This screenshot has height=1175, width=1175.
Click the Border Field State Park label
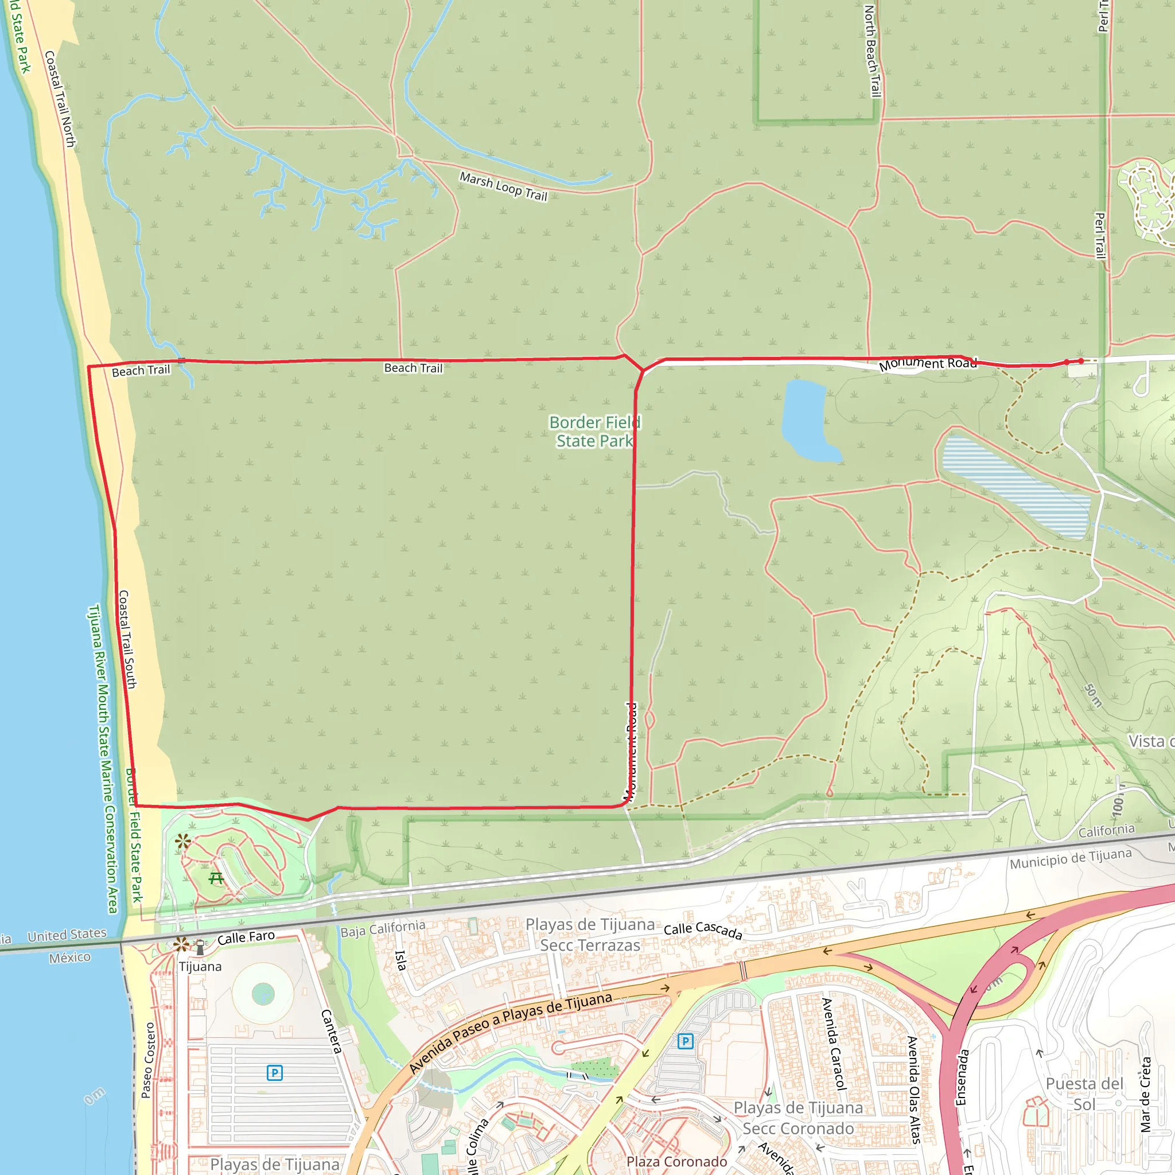594,431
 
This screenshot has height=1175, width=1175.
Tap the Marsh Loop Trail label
504,186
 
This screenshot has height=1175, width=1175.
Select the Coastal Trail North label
60,99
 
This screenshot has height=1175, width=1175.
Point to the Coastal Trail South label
128,639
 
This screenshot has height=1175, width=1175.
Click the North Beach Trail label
872,51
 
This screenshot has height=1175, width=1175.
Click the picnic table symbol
216,878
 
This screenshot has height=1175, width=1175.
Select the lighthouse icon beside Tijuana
200,947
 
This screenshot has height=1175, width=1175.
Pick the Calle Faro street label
246,938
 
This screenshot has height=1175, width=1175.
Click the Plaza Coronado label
676,1162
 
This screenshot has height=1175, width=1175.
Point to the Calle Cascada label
702,931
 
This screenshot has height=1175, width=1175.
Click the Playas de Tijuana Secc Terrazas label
590,934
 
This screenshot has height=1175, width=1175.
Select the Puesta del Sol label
1084,1094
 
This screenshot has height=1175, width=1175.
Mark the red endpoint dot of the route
1081,361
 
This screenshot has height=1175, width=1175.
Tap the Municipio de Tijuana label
1071,859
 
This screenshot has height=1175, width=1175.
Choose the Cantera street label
332,1031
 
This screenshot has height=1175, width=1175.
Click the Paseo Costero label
148,1060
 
